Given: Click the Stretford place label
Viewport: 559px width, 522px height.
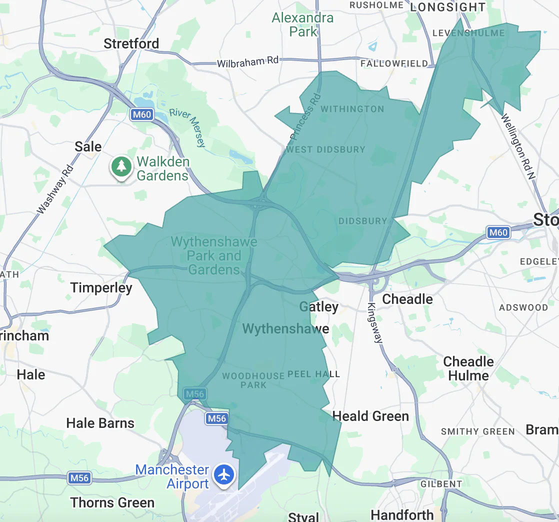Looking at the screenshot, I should click(x=131, y=43).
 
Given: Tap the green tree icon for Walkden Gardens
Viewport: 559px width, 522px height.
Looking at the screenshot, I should click(x=121, y=166).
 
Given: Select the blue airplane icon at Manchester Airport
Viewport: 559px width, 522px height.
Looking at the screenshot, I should click(x=224, y=474).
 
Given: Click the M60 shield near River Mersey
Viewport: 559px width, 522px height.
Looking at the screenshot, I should click(x=141, y=114).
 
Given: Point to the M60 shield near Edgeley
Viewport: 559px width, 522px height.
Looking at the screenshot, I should click(x=498, y=232).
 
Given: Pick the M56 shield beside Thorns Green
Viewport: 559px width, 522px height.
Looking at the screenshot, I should click(x=79, y=478).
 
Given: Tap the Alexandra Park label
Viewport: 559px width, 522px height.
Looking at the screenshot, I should click(x=302, y=25).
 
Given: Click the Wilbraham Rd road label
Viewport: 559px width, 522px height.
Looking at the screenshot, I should click(x=247, y=62).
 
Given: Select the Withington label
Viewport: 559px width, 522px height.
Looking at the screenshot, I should click(x=352, y=109).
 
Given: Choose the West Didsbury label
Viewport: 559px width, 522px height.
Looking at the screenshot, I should click(x=325, y=149).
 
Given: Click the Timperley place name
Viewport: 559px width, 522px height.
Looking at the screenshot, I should click(x=101, y=288).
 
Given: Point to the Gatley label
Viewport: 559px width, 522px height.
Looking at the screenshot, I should click(x=319, y=306).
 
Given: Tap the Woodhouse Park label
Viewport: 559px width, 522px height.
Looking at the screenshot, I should click(x=253, y=380).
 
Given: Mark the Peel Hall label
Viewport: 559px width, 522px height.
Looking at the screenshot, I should click(x=313, y=374).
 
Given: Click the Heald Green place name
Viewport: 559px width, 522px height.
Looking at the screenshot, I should click(x=370, y=416).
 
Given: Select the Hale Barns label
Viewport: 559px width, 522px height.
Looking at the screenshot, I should click(x=100, y=423).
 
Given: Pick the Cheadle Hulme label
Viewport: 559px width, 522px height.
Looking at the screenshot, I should click(x=468, y=368).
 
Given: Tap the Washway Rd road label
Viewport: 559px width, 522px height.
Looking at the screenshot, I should click(x=55, y=190).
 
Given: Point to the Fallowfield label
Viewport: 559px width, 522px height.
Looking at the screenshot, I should click(x=394, y=64).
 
